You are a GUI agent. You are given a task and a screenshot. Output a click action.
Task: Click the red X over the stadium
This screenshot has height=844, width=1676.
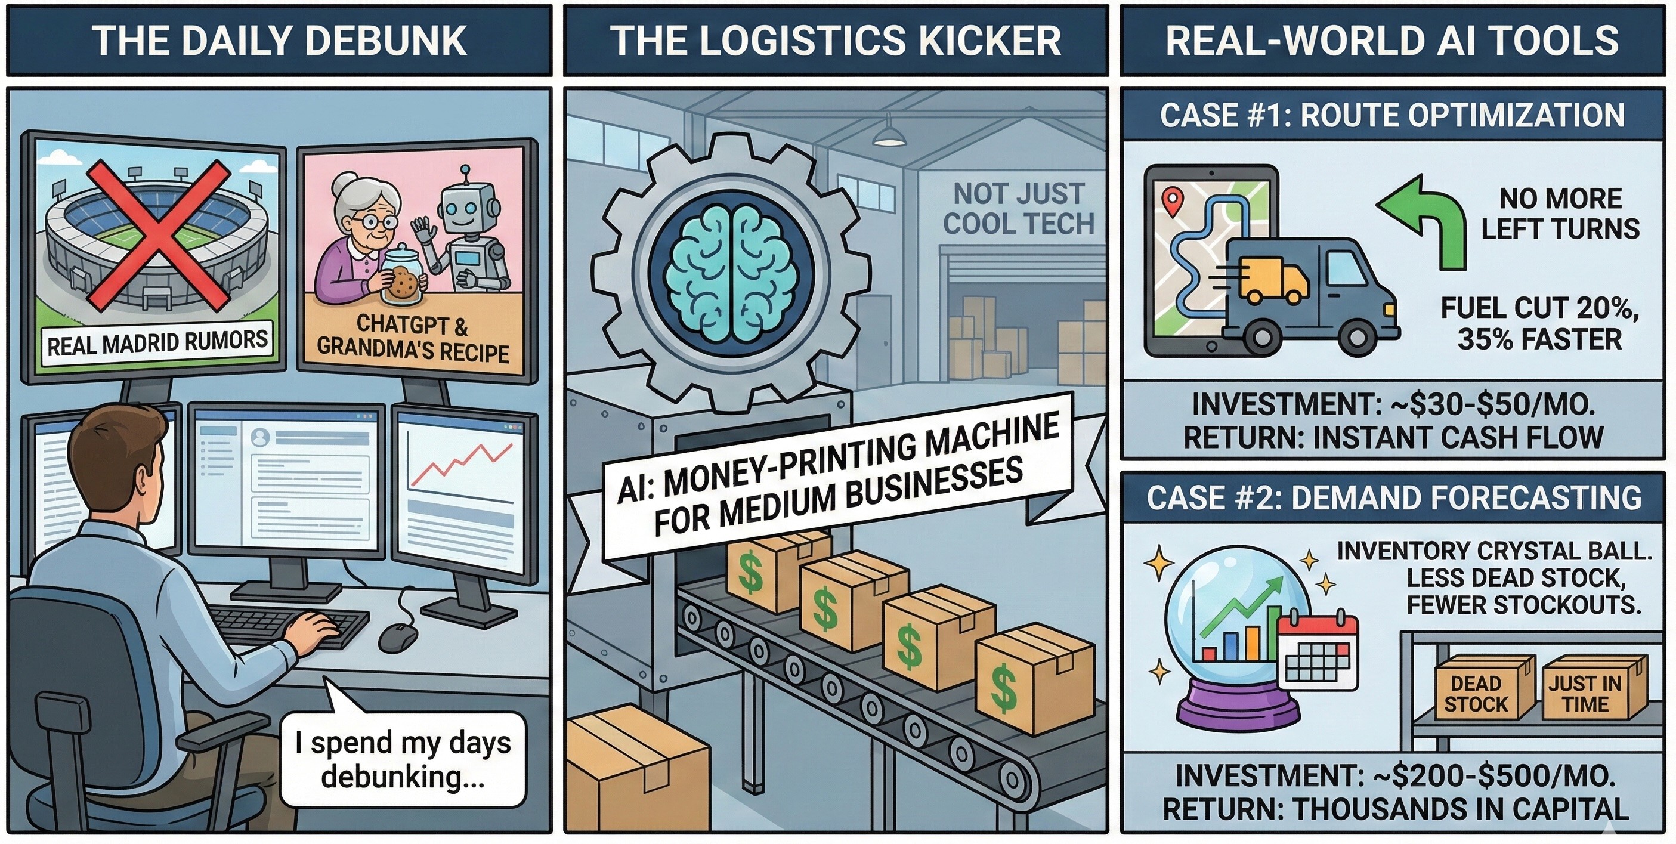click(x=158, y=236)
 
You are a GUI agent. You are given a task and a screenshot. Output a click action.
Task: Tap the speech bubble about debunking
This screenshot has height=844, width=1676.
click(x=403, y=759)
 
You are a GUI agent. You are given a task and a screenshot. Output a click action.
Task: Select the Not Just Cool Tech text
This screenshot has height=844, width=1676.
click(x=1018, y=209)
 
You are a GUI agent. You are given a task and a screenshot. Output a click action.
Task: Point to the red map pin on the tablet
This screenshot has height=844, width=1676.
click(x=1172, y=201)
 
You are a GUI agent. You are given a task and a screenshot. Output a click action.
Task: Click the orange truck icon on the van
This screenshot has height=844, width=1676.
click(x=1272, y=279)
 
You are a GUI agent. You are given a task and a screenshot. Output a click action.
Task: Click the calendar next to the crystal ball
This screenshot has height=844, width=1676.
click(x=1318, y=652)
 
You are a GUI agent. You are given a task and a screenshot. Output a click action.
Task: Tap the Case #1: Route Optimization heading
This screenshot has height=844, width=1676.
click(x=1392, y=116)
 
